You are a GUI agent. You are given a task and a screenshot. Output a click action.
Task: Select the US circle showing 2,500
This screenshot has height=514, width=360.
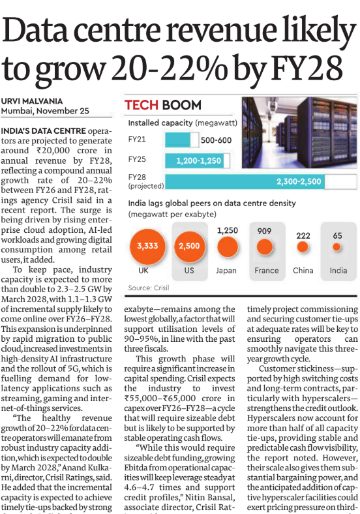[x=189, y=247]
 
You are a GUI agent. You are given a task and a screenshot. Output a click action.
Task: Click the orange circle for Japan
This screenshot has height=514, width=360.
[x=226, y=247]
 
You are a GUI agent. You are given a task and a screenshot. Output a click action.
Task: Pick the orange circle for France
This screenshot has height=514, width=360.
[x=263, y=247]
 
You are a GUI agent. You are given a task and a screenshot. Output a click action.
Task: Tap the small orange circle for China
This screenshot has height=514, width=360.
[x=301, y=247]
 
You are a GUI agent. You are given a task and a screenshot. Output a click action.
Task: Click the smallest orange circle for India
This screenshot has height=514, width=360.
[x=337, y=247]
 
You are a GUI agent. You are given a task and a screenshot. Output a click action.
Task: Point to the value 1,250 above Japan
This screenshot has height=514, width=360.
[x=226, y=230]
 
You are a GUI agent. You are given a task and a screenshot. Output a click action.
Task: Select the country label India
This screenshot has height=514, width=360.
[x=338, y=271]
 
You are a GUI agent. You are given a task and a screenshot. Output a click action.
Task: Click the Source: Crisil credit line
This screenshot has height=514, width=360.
[x=149, y=288]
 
